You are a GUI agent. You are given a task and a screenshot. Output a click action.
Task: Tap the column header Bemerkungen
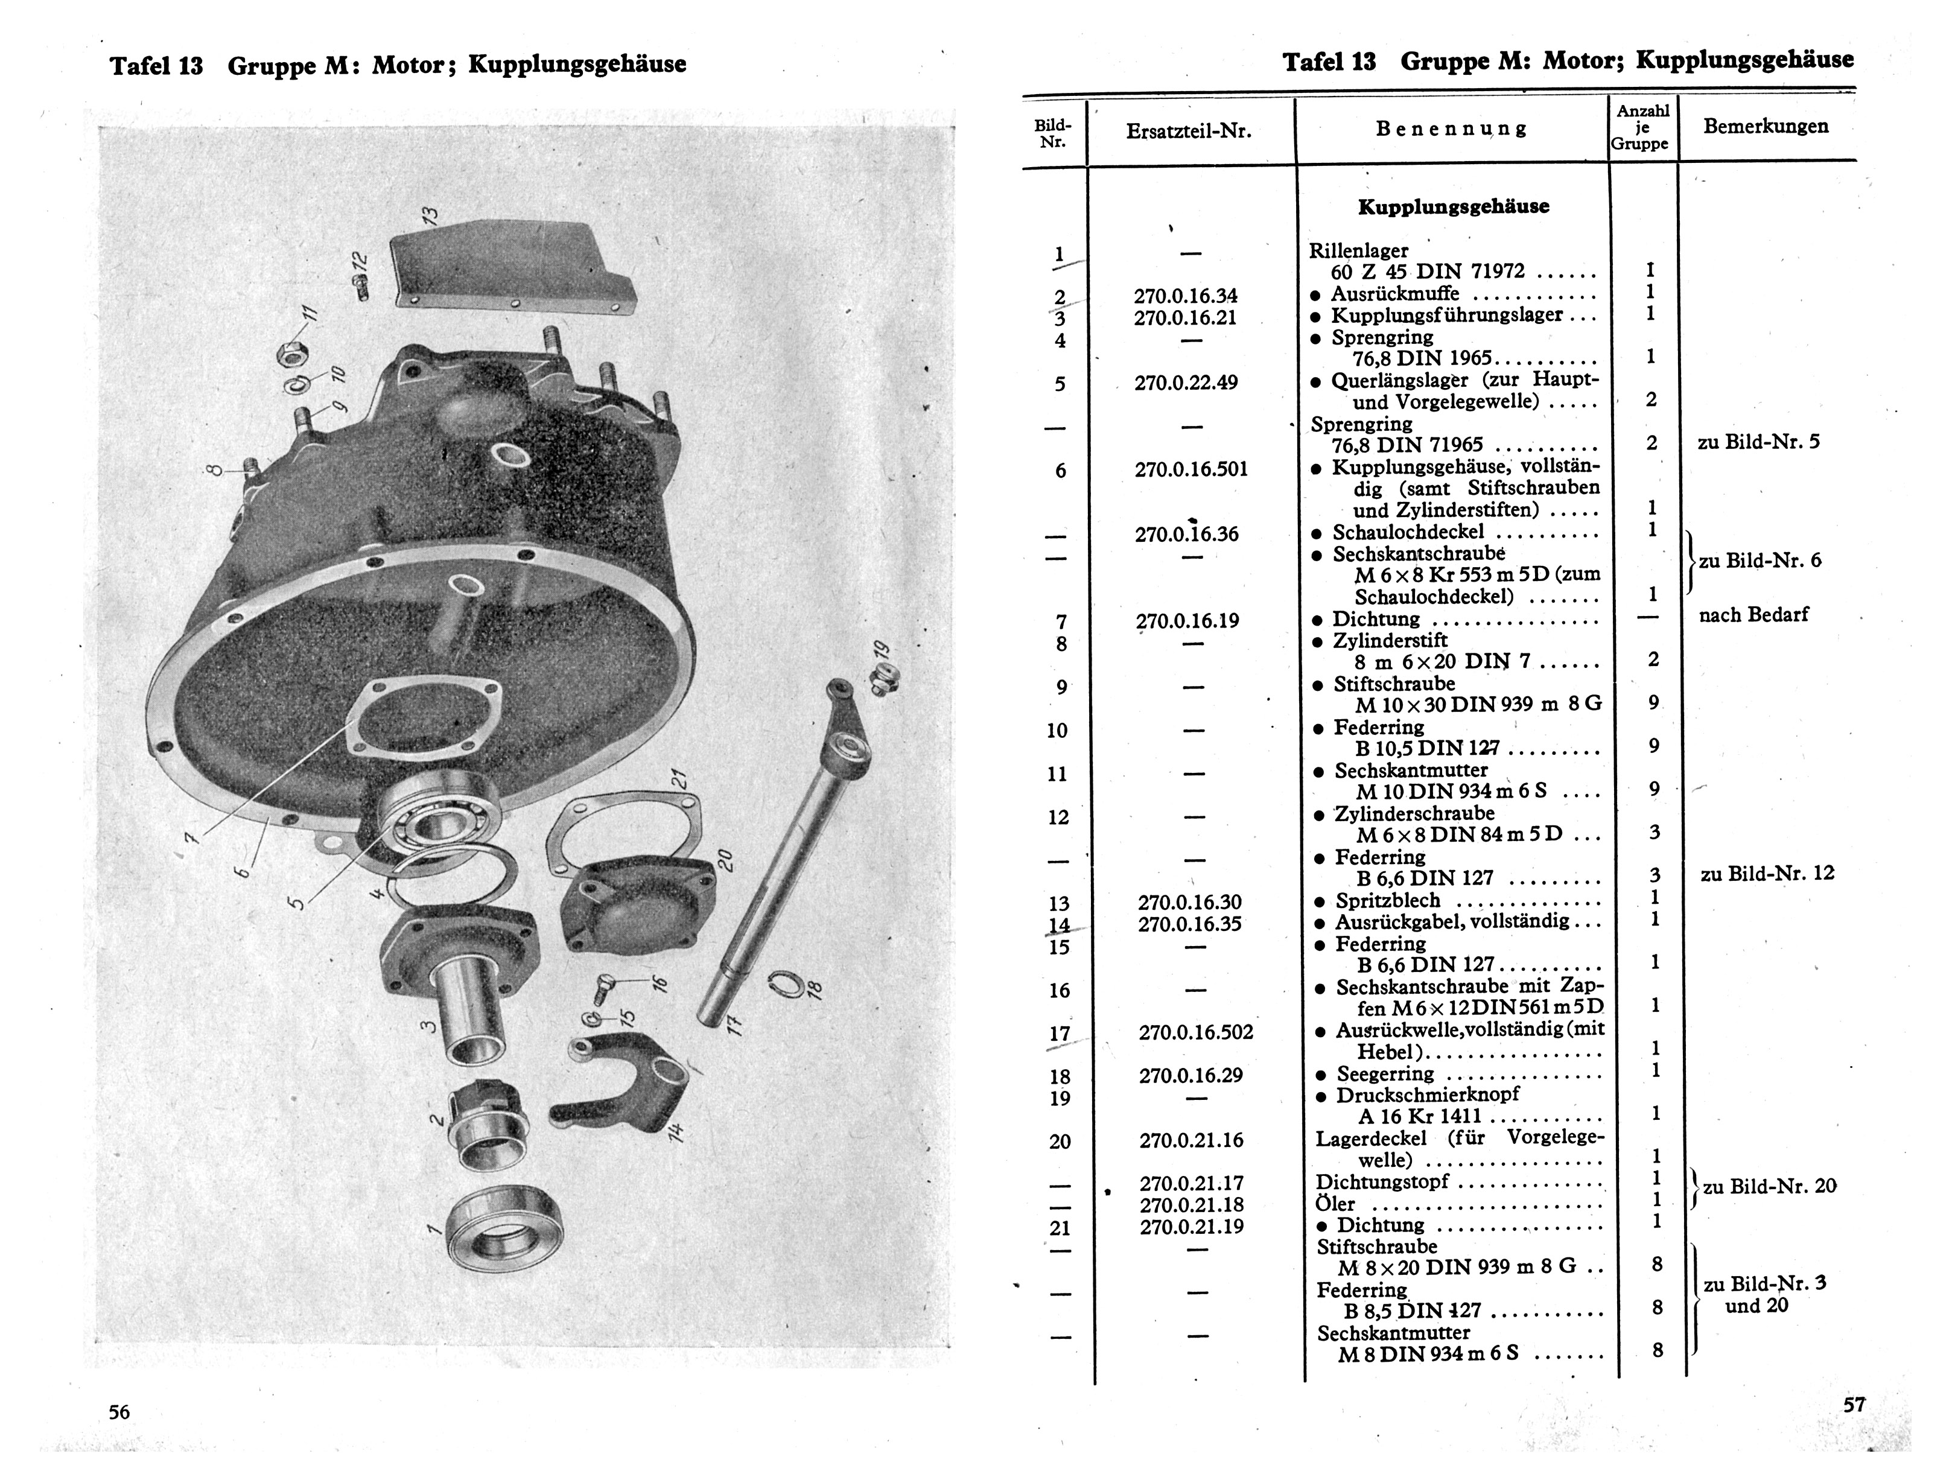(1766, 125)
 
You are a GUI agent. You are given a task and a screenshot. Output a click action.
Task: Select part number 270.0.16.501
(1191, 468)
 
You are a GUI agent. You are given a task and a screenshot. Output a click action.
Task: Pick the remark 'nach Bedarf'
(1753, 614)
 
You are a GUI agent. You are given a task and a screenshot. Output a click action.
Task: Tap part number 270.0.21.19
(1191, 1226)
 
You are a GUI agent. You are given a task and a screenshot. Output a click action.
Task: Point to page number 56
(119, 1412)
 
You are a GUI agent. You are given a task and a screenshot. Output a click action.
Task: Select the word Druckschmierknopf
(1428, 1094)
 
